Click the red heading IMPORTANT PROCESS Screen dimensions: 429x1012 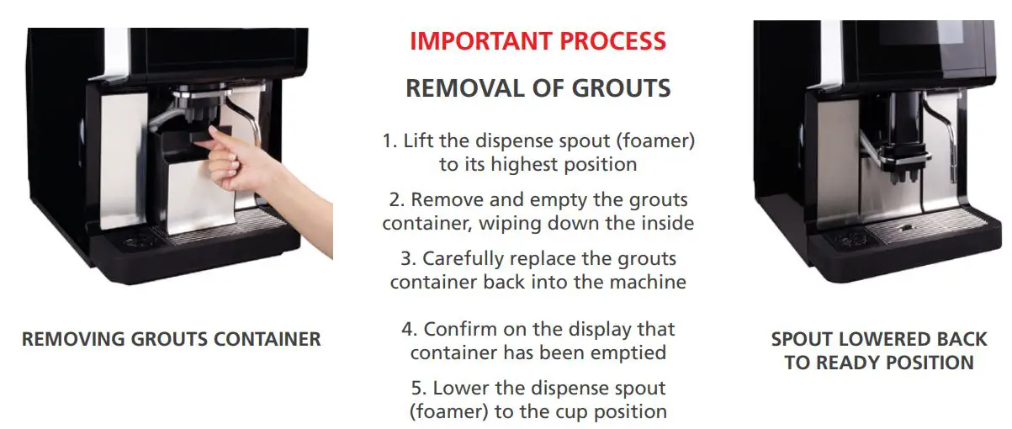tap(538, 40)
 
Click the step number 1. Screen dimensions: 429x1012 tap(389, 140)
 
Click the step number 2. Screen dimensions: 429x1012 tap(396, 201)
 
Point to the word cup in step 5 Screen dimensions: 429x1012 tap(575, 412)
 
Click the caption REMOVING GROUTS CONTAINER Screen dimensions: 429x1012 tap(171, 340)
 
